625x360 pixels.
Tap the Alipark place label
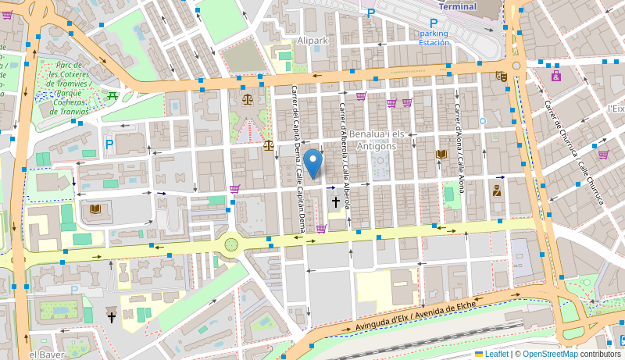(x=312, y=40)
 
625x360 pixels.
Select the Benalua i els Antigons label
(x=377, y=140)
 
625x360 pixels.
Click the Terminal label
(x=457, y=6)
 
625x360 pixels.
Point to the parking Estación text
(x=434, y=38)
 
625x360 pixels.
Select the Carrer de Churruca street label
(x=574, y=151)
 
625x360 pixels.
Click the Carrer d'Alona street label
(x=461, y=148)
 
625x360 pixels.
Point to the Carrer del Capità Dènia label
(x=298, y=158)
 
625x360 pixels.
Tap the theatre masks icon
(x=502, y=76)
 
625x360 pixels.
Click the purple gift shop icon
(x=555, y=76)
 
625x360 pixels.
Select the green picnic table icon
(x=112, y=96)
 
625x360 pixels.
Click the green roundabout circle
(x=231, y=244)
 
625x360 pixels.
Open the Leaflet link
(x=491, y=354)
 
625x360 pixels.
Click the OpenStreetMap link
(x=550, y=354)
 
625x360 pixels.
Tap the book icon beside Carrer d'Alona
(x=441, y=154)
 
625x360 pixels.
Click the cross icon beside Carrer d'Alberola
(x=336, y=202)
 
